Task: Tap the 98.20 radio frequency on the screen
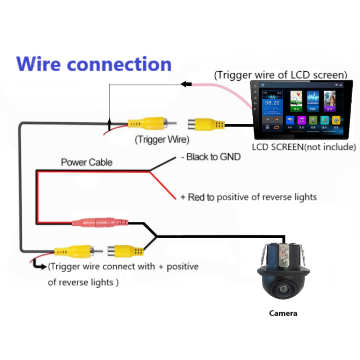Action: [272, 103]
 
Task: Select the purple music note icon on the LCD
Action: [301, 121]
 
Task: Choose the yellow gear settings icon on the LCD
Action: [336, 121]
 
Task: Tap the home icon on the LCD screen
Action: [262, 85]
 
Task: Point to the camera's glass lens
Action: [282, 289]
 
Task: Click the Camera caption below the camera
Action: [283, 313]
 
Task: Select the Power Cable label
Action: [86, 162]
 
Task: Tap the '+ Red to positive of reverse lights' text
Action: [248, 197]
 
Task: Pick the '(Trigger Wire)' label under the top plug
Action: [162, 139]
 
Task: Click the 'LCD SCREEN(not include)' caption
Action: [304, 147]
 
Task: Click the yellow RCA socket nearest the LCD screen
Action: [206, 125]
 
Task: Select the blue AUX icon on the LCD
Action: [290, 121]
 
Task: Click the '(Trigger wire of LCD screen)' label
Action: [280, 75]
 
